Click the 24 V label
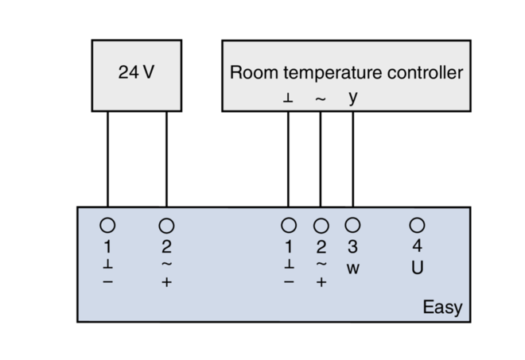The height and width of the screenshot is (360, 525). point(136,72)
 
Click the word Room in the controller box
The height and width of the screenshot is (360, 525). point(248,73)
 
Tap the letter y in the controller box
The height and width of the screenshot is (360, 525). point(352,99)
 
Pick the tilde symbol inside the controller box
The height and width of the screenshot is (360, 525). point(321,99)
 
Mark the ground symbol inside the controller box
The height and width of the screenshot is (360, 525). point(288,99)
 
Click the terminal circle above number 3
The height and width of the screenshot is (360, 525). point(352,226)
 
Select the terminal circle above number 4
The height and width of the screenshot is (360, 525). point(417,226)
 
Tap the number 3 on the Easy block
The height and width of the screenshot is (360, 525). point(352,247)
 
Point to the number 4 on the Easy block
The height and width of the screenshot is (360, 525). point(417,247)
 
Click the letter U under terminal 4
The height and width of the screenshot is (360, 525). point(417,268)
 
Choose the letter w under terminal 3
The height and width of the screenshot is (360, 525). point(352,269)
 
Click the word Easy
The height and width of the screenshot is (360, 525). point(442,308)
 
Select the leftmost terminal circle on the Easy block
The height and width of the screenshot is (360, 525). point(107,226)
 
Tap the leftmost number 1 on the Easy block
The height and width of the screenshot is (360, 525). point(107,247)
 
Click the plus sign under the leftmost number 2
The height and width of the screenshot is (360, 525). point(166,282)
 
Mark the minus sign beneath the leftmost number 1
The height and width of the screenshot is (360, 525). point(107,282)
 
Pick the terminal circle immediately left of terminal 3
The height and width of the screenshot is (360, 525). point(321,226)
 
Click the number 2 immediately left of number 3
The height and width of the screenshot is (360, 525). point(321,247)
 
